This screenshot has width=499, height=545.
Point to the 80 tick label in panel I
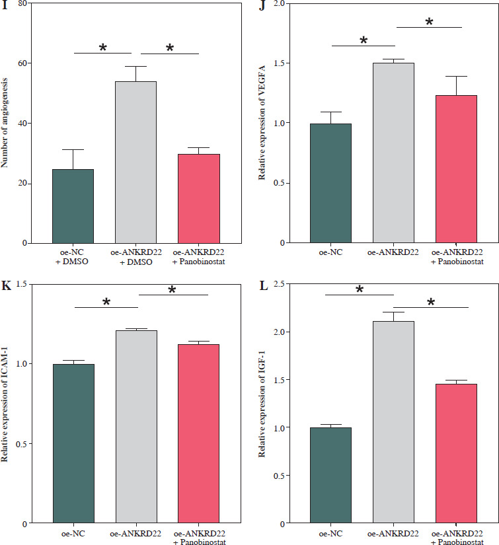[23, 4]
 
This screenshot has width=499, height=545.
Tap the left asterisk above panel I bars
[102, 48]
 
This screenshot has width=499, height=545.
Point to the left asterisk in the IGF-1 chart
[360, 290]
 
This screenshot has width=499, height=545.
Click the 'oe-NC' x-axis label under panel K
[73, 532]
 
